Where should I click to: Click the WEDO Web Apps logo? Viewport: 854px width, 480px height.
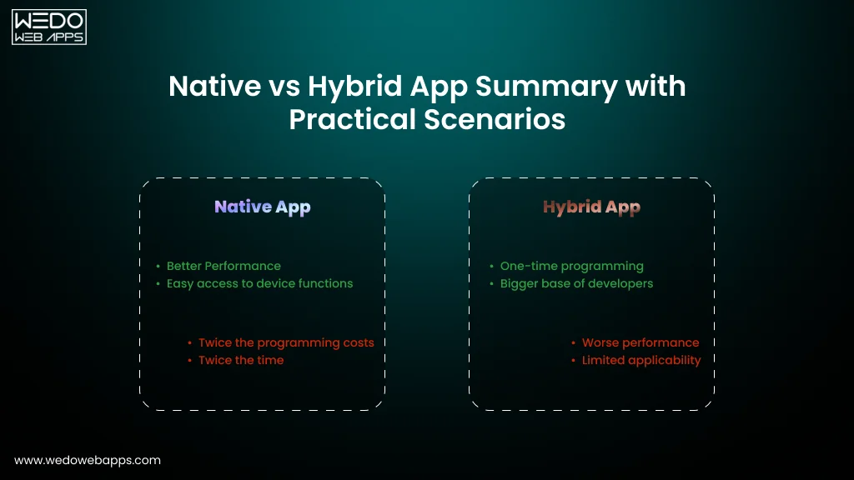48,27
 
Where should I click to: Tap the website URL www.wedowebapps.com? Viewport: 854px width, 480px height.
88,460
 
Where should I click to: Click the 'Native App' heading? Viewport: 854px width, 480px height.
262,207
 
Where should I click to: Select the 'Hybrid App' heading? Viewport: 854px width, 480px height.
591,207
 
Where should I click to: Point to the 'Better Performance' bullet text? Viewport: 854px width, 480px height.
224,266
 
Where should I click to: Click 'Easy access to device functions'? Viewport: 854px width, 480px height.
259,283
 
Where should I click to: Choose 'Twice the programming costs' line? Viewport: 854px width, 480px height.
286,342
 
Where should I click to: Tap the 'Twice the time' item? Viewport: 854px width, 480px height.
241,360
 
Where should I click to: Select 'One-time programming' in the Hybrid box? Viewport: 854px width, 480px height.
571,266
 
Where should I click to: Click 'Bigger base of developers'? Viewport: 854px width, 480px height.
576,283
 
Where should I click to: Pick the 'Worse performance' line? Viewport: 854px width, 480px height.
640,342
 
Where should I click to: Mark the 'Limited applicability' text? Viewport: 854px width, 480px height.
641,360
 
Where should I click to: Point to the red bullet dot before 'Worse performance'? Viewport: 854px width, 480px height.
574,343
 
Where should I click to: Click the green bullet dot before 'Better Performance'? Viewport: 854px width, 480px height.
158,267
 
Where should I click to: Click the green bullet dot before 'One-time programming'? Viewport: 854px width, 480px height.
491,267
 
